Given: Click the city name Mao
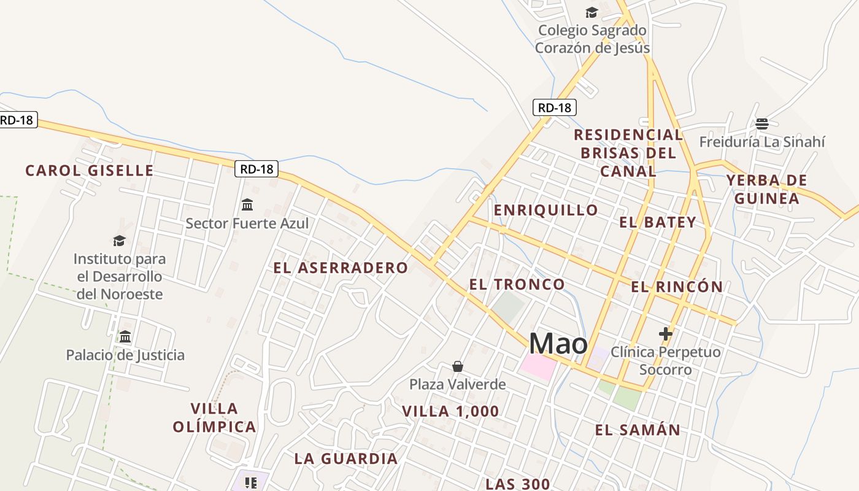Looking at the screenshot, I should (x=558, y=343).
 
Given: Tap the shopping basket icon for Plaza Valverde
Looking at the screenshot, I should (x=458, y=366).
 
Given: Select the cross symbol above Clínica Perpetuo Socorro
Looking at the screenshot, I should (x=666, y=334).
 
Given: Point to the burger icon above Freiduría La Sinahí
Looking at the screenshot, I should (x=762, y=124).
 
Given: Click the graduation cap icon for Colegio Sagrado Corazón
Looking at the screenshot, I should (x=591, y=12).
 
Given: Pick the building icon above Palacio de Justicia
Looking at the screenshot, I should (x=126, y=336).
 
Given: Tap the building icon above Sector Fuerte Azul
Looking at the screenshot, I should (x=247, y=204).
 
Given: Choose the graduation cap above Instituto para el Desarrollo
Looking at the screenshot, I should (x=119, y=241).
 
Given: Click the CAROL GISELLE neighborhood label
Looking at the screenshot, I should (x=90, y=171).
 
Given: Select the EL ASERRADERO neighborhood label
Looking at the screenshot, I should (x=341, y=268).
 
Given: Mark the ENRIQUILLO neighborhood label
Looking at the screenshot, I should (x=546, y=210).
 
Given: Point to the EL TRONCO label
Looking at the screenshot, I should (x=517, y=284).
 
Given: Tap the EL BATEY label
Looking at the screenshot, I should (x=658, y=222).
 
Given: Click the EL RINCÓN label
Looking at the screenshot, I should (x=677, y=287).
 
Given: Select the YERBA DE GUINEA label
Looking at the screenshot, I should (x=766, y=189).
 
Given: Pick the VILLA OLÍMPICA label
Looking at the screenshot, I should (x=214, y=417).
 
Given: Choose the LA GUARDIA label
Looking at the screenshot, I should (x=346, y=458).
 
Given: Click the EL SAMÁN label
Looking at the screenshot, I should (x=638, y=430).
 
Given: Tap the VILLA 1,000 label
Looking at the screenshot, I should (x=450, y=411).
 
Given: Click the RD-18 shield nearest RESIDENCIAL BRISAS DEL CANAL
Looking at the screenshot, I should (x=554, y=108).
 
